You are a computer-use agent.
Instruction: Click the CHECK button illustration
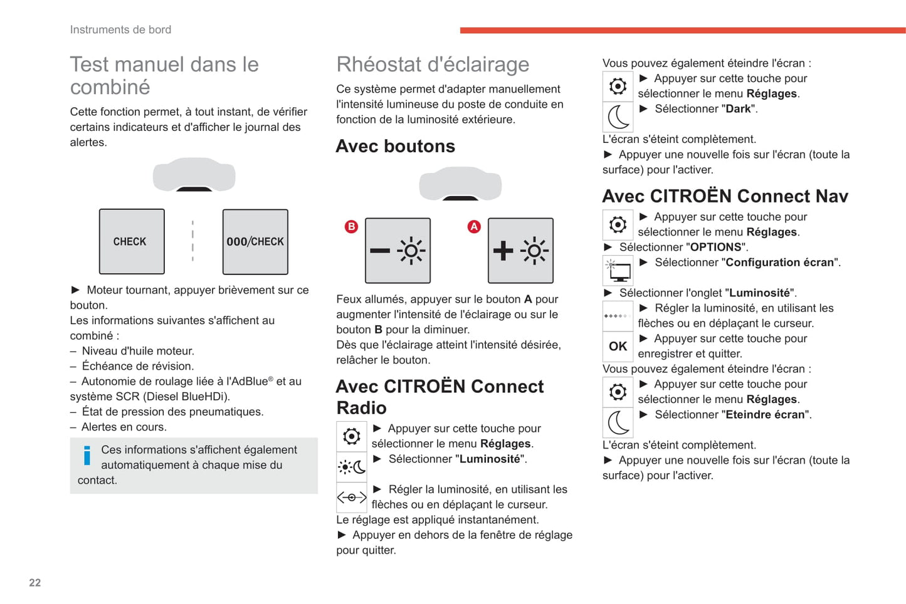(132, 242)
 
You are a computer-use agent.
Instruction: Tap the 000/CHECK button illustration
(255, 242)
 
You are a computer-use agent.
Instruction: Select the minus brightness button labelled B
(398, 251)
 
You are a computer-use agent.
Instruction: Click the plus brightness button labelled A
(520, 251)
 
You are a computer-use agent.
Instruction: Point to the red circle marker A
(474, 227)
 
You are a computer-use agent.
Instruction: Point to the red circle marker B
(351, 227)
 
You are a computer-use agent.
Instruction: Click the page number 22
(35, 583)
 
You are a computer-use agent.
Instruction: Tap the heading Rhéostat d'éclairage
(433, 65)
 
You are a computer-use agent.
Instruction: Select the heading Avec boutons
(395, 146)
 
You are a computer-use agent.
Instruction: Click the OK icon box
(618, 346)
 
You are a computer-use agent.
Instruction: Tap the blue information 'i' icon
(87, 456)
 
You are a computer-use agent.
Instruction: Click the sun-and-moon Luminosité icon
(351, 467)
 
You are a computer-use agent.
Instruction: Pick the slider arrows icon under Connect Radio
(351, 497)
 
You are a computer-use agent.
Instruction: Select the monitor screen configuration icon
(618, 271)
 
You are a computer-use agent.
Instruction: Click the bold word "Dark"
(738, 109)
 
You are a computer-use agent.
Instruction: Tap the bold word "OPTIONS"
(715, 247)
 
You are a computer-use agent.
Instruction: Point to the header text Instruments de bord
(120, 29)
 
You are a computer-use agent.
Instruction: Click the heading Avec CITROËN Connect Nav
(725, 196)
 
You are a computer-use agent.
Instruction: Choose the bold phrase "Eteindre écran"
(765, 415)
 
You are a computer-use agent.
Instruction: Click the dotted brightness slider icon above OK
(618, 316)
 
